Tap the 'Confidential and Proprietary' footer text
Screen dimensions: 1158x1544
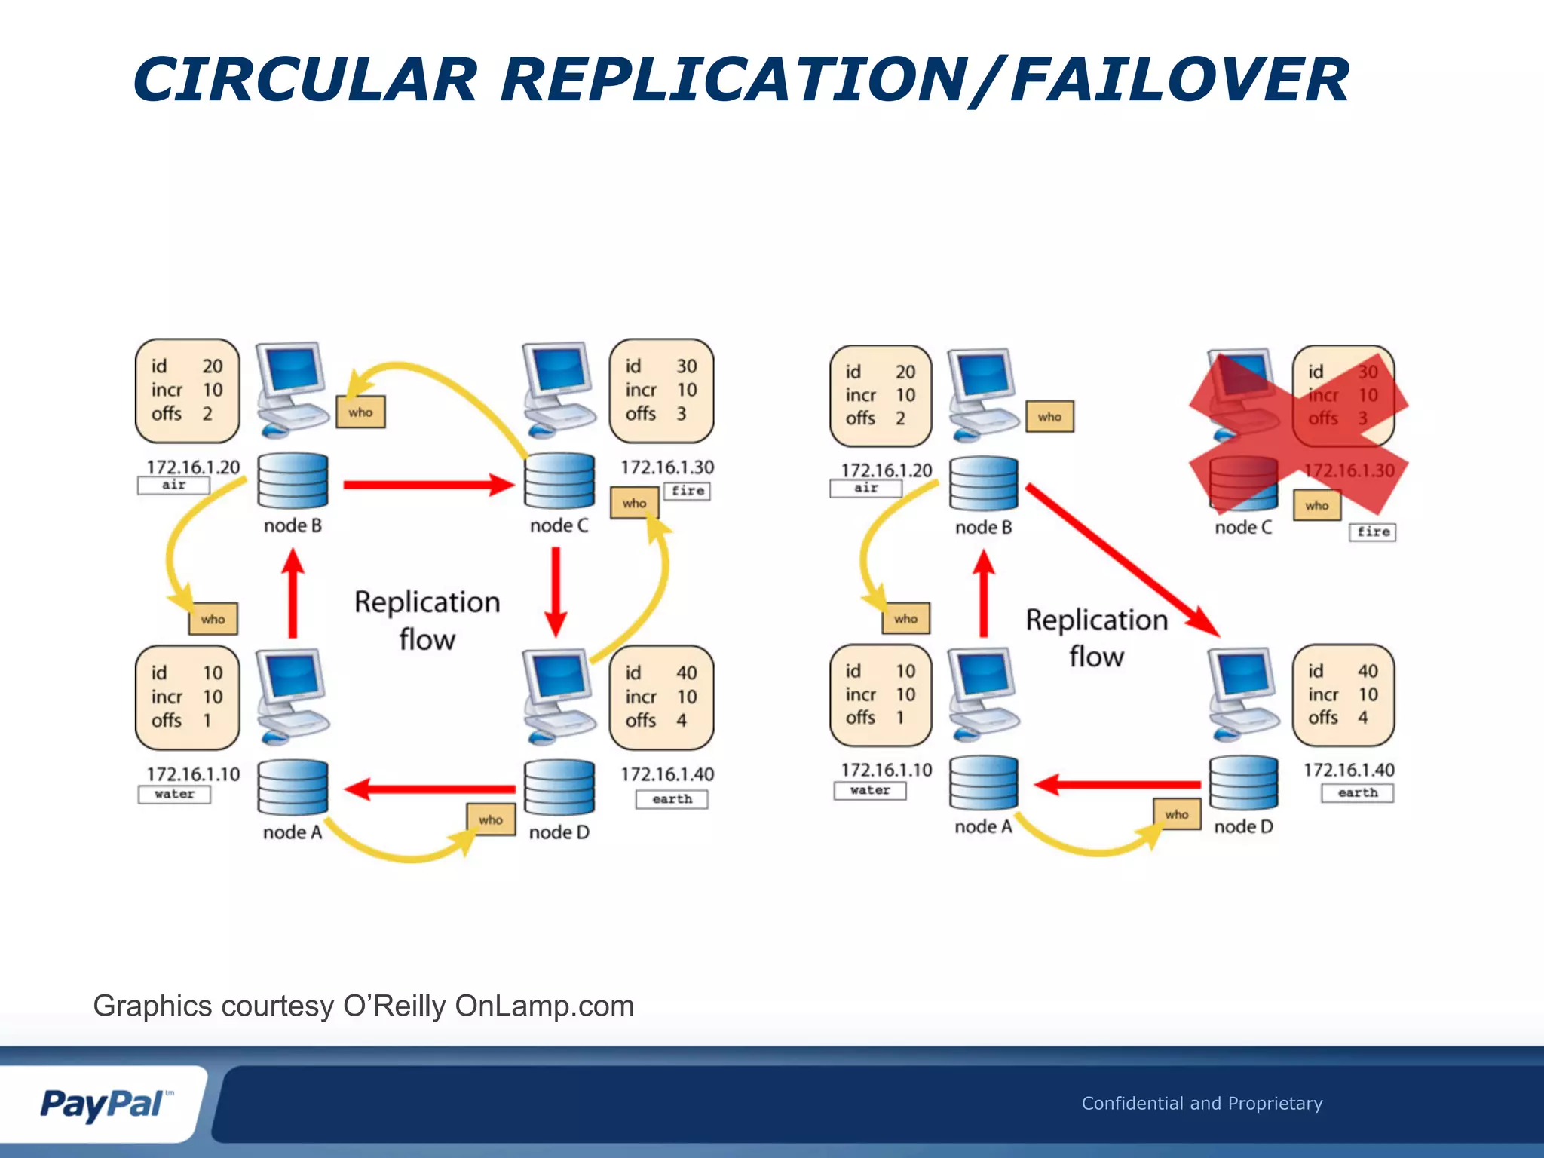pyautogui.click(x=1202, y=1104)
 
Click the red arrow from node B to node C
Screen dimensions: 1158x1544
pyautogui.click(x=427, y=485)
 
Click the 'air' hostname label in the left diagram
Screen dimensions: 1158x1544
pyautogui.click(x=173, y=485)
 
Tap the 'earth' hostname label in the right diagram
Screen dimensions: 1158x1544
pyautogui.click(x=1357, y=793)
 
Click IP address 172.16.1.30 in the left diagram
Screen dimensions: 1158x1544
pyautogui.click(x=667, y=467)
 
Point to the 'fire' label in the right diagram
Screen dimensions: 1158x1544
pyautogui.click(x=1372, y=532)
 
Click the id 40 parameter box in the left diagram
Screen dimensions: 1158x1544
pyautogui.click(x=661, y=697)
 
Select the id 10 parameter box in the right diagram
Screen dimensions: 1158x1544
pyautogui.click(x=881, y=694)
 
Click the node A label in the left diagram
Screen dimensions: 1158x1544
pyautogui.click(x=293, y=832)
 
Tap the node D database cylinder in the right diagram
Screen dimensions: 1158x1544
pyautogui.click(x=1243, y=784)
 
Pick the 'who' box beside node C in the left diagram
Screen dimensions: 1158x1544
pyautogui.click(x=634, y=503)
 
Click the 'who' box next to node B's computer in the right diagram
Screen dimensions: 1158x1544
pyautogui.click(x=1049, y=417)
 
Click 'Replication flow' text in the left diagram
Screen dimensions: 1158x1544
pyautogui.click(x=427, y=620)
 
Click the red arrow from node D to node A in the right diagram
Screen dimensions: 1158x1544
pyautogui.click(x=1116, y=785)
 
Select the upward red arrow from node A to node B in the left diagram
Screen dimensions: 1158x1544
pyautogui.click(x=293, y=594)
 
